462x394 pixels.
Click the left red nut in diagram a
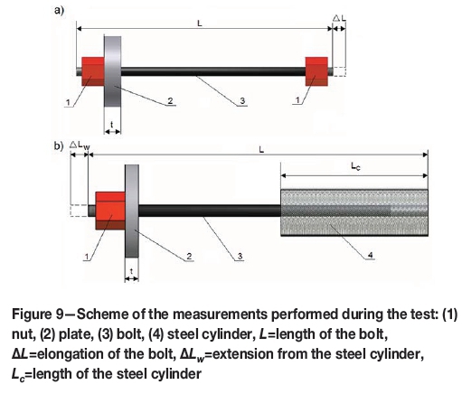(93, 71)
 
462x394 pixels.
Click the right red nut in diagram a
(316, 71)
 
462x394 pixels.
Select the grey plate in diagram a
(113, 71)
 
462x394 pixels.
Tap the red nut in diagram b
(110, 211)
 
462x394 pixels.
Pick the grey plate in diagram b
(132, 211)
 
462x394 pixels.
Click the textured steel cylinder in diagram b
(354, 212)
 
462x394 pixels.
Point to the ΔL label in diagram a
(339, 18)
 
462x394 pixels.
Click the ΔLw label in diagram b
(80, 145)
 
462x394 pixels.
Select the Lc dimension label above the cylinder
(355, 166)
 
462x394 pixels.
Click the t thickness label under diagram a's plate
(112, 125)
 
